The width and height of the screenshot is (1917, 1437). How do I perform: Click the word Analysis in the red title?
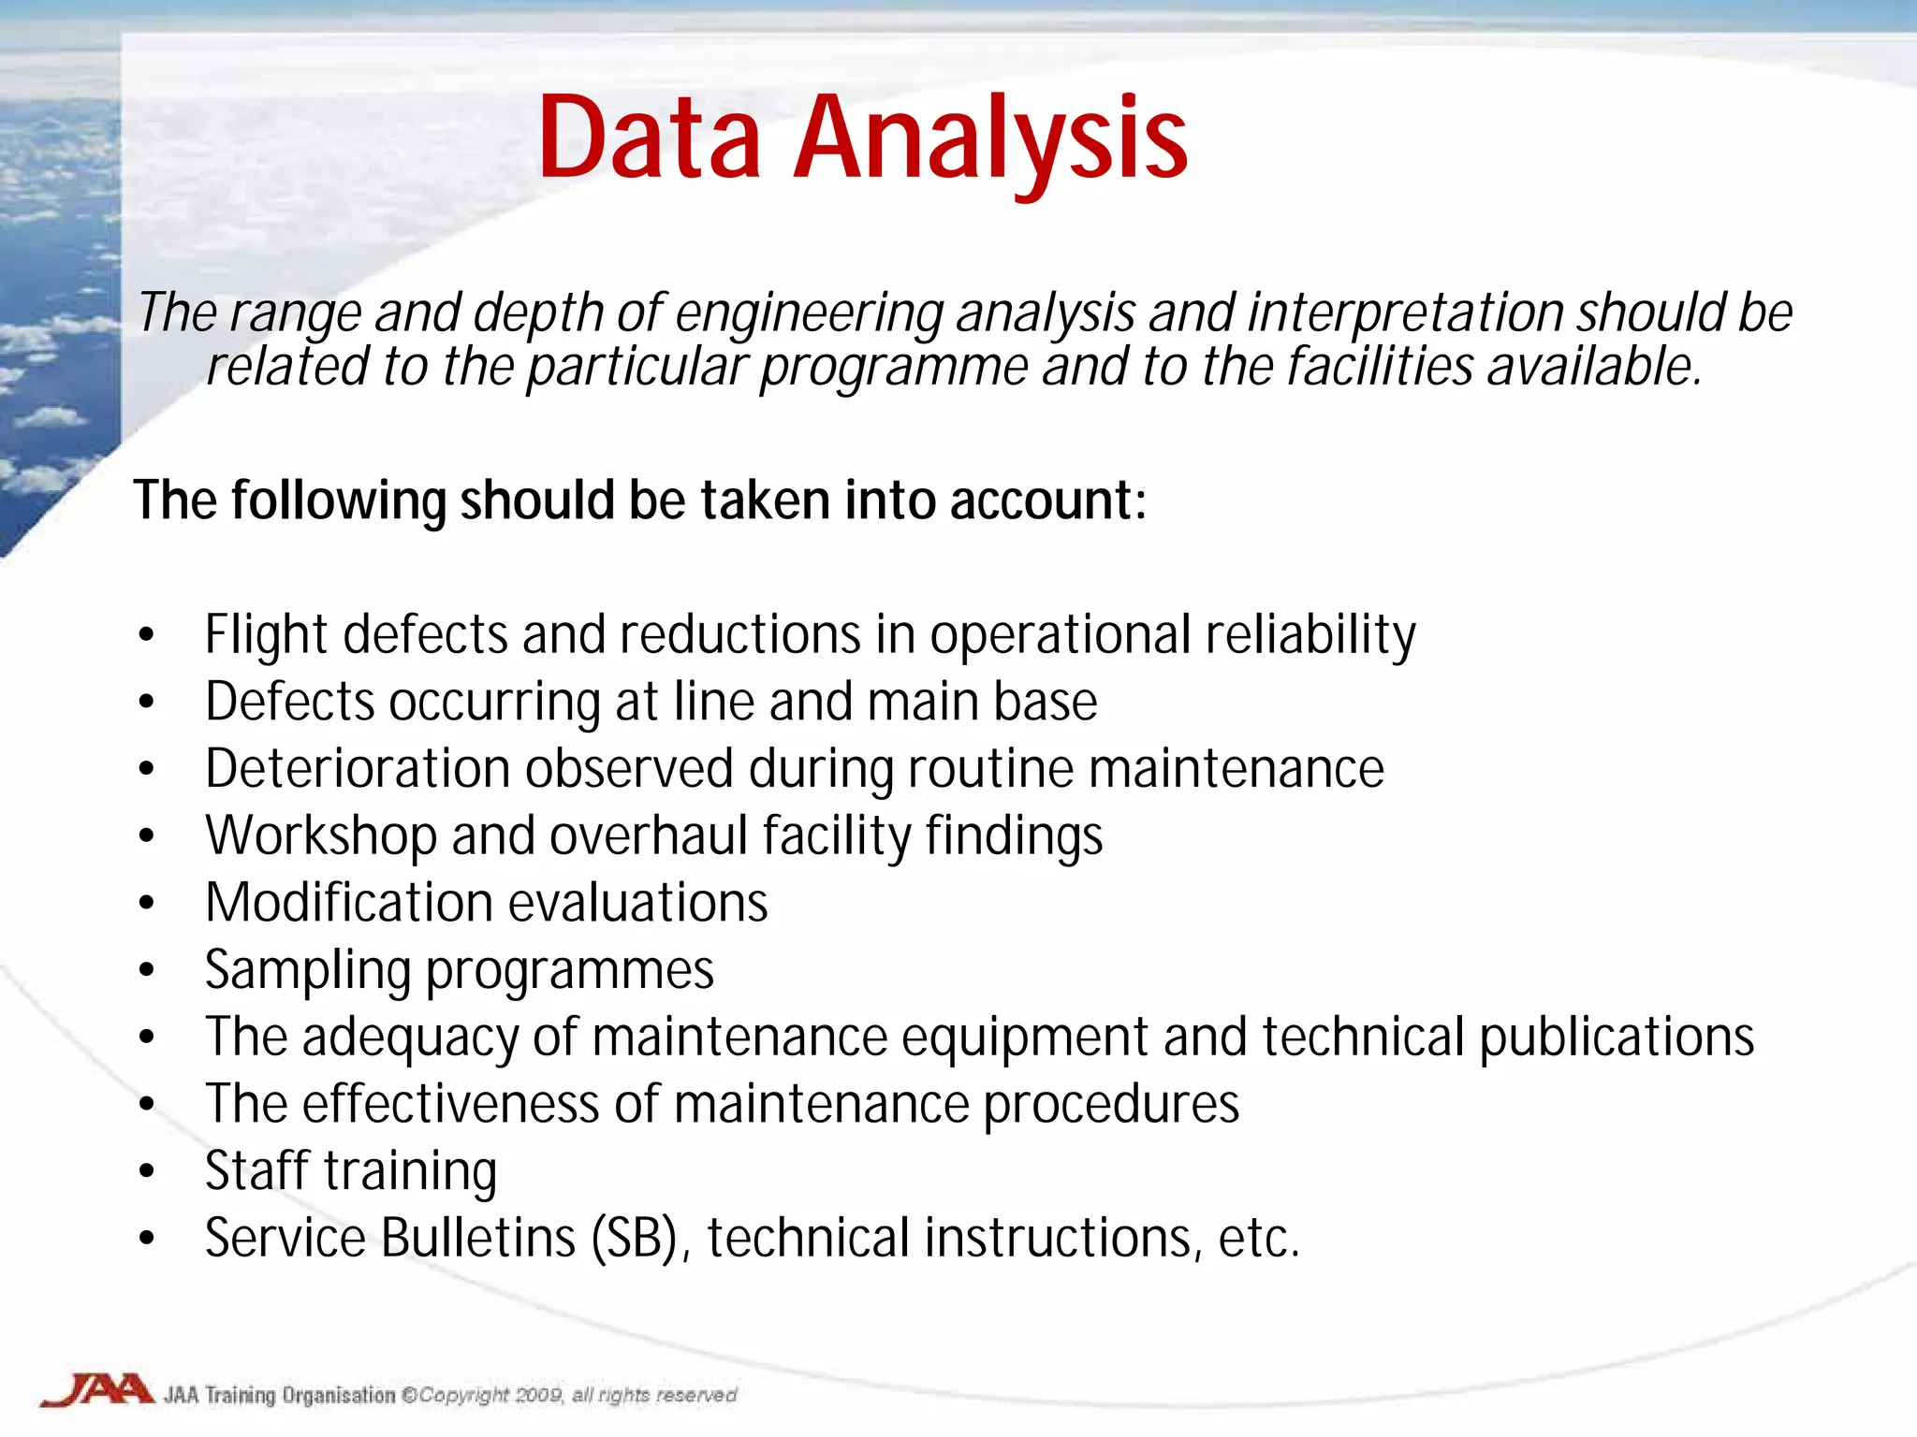[x=992, y=140]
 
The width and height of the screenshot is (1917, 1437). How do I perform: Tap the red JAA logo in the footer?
[x=96, y=1390]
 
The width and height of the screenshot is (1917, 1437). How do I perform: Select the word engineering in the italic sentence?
[x=808, y=313]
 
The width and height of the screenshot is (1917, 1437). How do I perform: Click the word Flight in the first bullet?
[x=266, y=635]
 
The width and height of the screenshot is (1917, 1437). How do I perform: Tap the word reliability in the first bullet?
[x=1310, y=635]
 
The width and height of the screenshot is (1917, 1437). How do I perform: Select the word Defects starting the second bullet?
[x=290, y=702]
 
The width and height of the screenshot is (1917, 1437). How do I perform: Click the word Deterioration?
[x=357, y=769]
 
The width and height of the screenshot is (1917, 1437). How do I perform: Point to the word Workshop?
[x=320, y=835]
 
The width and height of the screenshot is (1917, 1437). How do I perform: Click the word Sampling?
[x=307, y=970]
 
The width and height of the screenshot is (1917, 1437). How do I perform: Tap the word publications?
[x=1616, y=1038]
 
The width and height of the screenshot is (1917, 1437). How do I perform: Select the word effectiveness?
[x=450, y=1105]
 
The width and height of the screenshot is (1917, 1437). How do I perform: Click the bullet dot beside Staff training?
[x=146, y=1171]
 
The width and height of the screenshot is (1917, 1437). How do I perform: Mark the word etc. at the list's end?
[x=1259, y=1239]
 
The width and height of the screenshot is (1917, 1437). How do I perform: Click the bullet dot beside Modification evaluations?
[x=146, y=903]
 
